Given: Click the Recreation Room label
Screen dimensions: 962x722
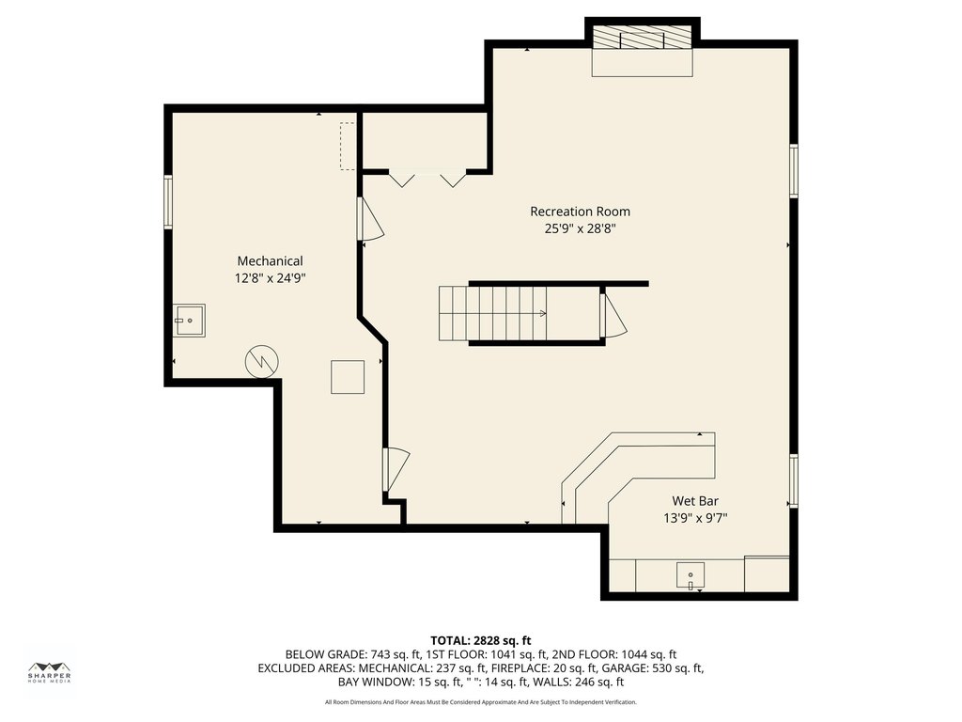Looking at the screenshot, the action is pos(580,212).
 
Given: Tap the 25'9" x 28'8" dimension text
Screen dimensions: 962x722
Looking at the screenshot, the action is pos(580,229).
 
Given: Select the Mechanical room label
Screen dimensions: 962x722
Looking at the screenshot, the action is pos(270,261).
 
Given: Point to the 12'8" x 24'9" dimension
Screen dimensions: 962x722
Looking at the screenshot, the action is pos(270,278).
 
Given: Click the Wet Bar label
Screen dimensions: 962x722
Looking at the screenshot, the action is pos(695,501).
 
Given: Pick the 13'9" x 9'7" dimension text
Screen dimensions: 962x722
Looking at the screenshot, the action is pos(695,518).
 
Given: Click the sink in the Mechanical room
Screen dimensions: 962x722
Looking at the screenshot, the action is pos(189,321).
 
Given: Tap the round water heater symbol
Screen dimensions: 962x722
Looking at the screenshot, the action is pos(262,362).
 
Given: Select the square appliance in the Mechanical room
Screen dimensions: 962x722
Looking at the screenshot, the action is pos(348,377).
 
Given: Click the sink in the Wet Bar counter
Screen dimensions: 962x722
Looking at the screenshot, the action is pos(690,576).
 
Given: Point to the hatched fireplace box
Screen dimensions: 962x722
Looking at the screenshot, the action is pos(643,37).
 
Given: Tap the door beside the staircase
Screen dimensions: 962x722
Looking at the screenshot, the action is pos(613,314).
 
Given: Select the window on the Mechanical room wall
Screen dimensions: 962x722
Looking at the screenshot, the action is pos(167,202).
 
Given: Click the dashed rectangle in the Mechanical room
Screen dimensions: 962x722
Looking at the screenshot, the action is pos(348,146).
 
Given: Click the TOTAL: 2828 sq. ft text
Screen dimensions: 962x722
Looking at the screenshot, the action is pos(480,641).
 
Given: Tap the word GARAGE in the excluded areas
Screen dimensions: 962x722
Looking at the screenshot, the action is pos(623,668).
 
